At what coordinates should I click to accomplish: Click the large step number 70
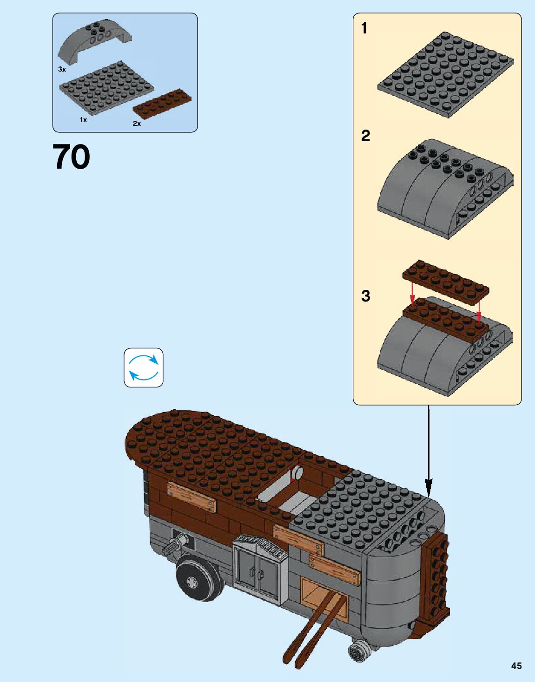[71, 157]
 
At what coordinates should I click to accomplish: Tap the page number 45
[516, 666]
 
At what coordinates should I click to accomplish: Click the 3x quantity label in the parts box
[62, 69]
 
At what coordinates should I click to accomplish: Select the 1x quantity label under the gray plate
[83, 120]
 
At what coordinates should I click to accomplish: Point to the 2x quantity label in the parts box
[137, 124]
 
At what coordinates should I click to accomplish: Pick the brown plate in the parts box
[162, 102]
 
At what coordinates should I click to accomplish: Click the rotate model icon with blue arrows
[144, 367]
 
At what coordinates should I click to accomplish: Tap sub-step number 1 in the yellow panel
[364, 28]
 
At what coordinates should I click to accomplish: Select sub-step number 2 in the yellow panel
[365, 136]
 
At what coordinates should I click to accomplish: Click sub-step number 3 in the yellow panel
[365, 296]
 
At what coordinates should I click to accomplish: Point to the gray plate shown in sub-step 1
[445, 74]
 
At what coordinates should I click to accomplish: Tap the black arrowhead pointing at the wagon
[428, 490]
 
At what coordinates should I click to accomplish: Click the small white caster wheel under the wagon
[358, 651]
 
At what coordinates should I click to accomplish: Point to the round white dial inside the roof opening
[296, 474]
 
